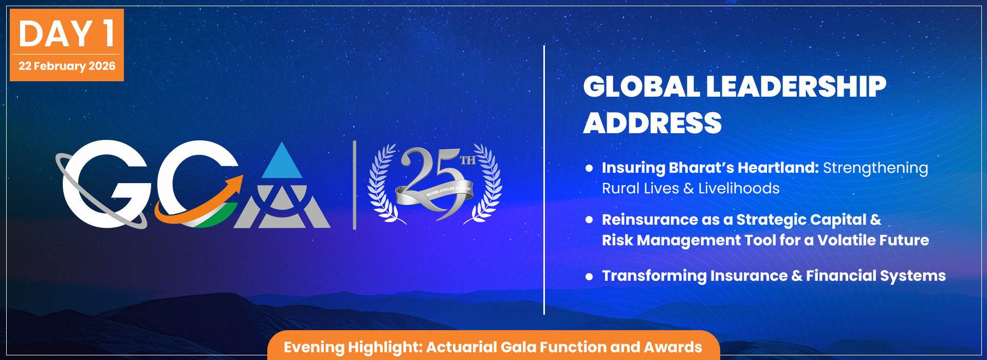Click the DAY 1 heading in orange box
coord(66,34)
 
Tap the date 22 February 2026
coord(67,66)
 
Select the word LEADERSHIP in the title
coord(796,86)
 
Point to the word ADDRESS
coord(652,123)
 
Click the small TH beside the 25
coord(467,160)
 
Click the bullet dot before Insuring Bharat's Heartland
coord(589,168)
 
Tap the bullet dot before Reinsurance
coord(589,220)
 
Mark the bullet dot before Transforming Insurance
coord(589,276)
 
